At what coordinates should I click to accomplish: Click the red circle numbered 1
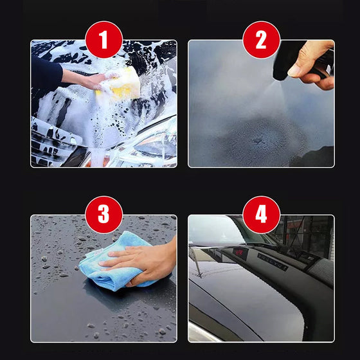click(104, 40)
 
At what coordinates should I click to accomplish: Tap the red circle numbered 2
click(261, 40)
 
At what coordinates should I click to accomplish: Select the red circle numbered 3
click(104, 215)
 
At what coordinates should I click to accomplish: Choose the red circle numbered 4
click(261, 215)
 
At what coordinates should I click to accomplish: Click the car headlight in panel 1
click(151, 145)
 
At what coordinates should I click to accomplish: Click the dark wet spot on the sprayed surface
click(257, 138)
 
